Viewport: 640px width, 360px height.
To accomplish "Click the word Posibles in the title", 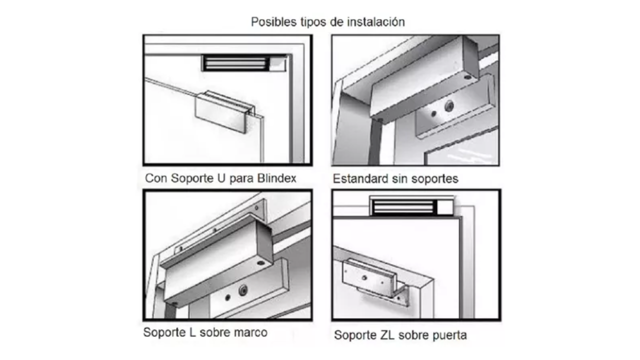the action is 273,22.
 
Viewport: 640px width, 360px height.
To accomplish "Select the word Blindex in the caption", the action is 276,178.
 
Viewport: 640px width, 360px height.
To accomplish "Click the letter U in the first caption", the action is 221,178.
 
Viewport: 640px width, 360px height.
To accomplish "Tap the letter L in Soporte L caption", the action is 192,332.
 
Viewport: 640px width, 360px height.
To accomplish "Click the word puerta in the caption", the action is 449,335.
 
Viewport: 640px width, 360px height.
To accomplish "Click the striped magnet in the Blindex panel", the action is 235,63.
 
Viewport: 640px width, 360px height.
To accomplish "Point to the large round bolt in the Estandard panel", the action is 449,106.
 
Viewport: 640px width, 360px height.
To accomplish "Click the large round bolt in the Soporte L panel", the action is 243,290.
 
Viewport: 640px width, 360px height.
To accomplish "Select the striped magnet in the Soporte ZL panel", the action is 403,206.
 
